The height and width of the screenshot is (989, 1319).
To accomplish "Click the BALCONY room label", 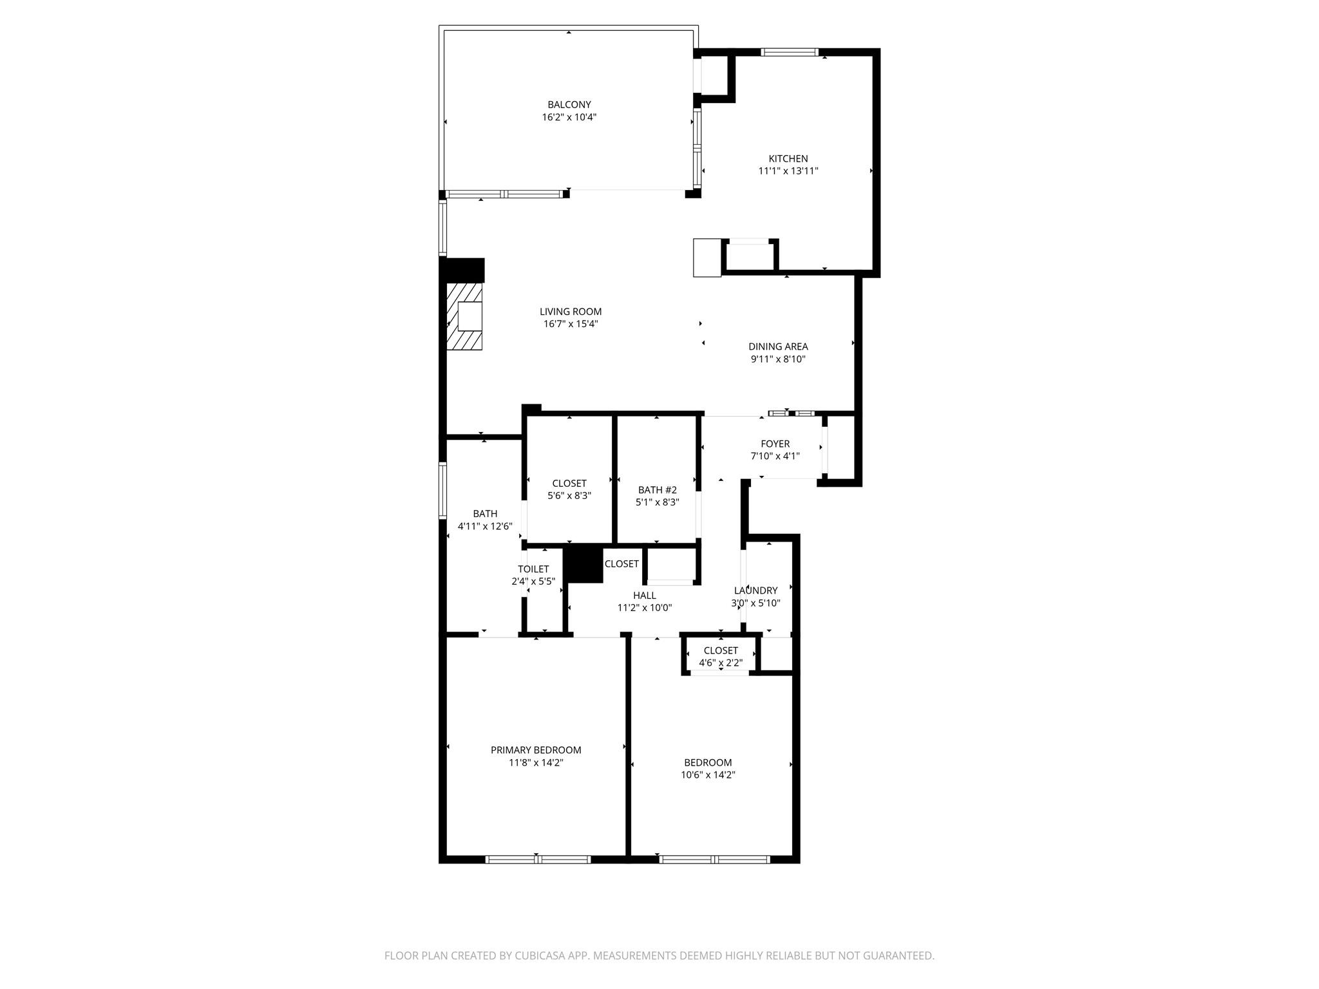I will (x=569, y=104).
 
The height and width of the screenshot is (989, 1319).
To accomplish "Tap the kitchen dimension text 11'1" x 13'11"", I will (x=788, y=171).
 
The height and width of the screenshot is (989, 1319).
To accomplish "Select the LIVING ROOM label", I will (x=571, y=312).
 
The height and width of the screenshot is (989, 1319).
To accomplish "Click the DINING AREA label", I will (x=778, y=346).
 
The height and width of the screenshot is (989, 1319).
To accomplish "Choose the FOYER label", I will (x=775, y=444).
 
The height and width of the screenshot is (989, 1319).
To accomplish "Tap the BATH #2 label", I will (x=657, y=490).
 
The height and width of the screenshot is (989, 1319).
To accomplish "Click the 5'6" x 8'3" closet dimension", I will (x=569, y=496).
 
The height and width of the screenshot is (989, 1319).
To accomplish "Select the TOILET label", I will (x=533, y=569).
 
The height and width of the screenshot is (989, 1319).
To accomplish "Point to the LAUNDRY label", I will (x=755, y=590).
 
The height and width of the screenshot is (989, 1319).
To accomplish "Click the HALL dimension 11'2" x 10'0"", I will (x=644, y=608).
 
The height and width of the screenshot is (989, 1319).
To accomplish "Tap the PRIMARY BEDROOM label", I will (x=536, y=750).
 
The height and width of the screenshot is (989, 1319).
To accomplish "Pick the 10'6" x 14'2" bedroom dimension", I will (x=708, y=775).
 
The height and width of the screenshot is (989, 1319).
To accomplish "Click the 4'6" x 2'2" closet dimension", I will (x=721, y=663).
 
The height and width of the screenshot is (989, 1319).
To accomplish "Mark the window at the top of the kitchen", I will (x=789, y=52).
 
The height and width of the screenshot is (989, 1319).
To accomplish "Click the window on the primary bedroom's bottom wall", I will (x=538, y=859).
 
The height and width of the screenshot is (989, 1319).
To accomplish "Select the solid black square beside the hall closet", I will (x=584, y=565).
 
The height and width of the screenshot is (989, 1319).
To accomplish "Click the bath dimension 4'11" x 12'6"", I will (x=485, y=526).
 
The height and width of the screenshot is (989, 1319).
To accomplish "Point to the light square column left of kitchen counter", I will (x=707, y=258).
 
